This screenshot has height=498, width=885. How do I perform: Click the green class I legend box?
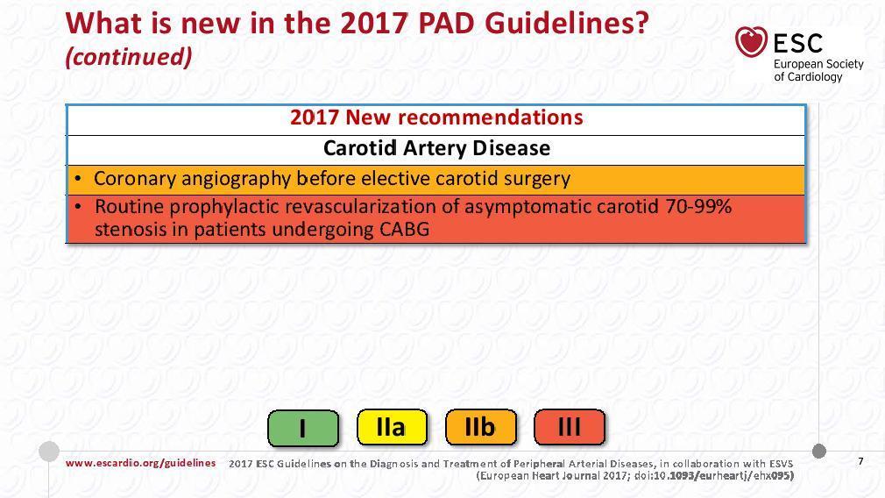303,428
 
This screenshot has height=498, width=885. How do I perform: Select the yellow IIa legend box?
392,428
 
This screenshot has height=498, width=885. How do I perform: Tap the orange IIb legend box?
480,428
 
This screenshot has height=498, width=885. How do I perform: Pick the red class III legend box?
569,428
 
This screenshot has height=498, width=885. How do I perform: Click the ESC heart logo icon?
751,42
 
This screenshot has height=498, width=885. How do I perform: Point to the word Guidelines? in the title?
566,23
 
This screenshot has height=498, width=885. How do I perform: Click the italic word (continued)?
129,56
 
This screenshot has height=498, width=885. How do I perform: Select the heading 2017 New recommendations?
436,117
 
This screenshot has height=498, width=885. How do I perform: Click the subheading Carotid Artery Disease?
436,148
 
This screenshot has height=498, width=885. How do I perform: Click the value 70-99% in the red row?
698,206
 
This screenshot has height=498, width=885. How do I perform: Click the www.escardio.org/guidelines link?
140,463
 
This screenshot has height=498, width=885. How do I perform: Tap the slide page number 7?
860,461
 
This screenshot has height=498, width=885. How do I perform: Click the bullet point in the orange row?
78,179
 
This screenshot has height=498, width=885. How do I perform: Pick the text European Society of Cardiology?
818,70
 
